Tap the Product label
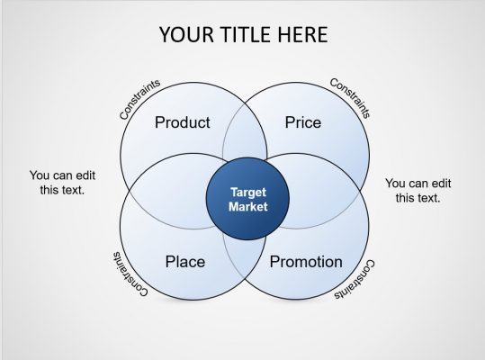point(182,122)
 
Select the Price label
point(303,122)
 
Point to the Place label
point(185,262)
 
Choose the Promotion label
point(306,262)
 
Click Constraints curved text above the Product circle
point(139,99)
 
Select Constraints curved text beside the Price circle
point(350,97)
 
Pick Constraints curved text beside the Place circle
point(131,274)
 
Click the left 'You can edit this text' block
point(62,183)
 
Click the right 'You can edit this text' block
point(418,191)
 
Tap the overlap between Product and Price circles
point(245,135)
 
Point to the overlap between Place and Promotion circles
point(245,265)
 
